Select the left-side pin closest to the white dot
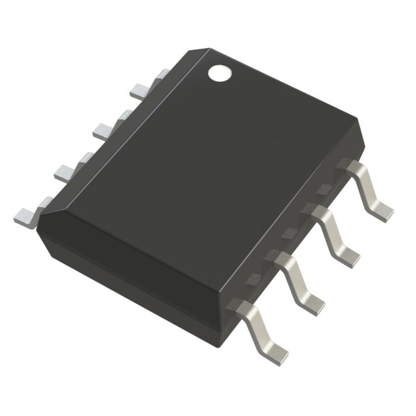tap(142, 90)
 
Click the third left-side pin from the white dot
tap(68, 170)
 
